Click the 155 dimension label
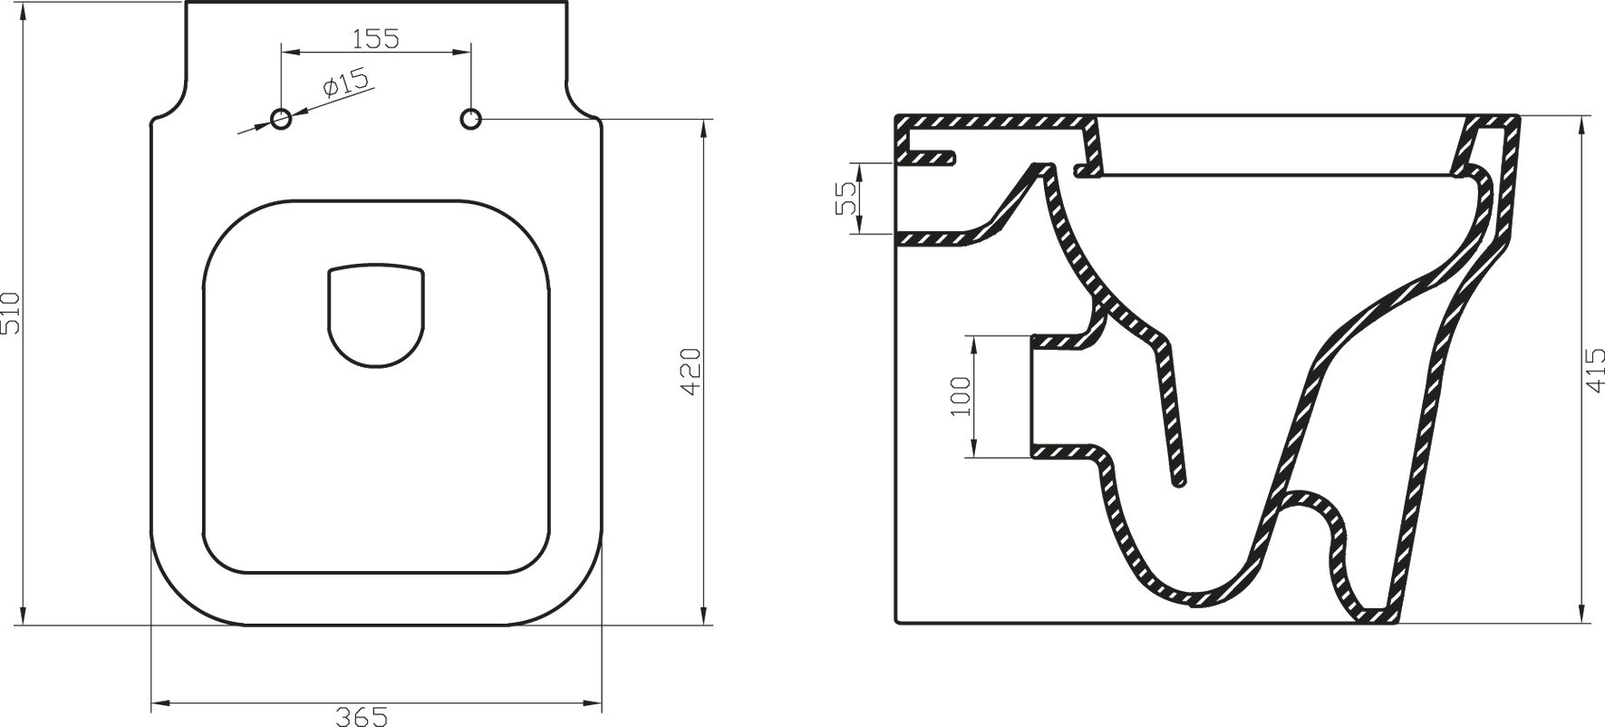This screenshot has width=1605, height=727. point(375,38)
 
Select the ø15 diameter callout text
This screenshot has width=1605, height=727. point(345,84)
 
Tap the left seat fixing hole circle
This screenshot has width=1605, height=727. point(282,119)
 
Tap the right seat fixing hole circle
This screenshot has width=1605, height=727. point(470,119)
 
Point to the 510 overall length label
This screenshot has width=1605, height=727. point(11,313)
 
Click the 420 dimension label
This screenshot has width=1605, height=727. point(691,370)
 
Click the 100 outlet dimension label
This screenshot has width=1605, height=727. point(961,396)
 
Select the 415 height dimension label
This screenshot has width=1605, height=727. point(1595,370)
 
